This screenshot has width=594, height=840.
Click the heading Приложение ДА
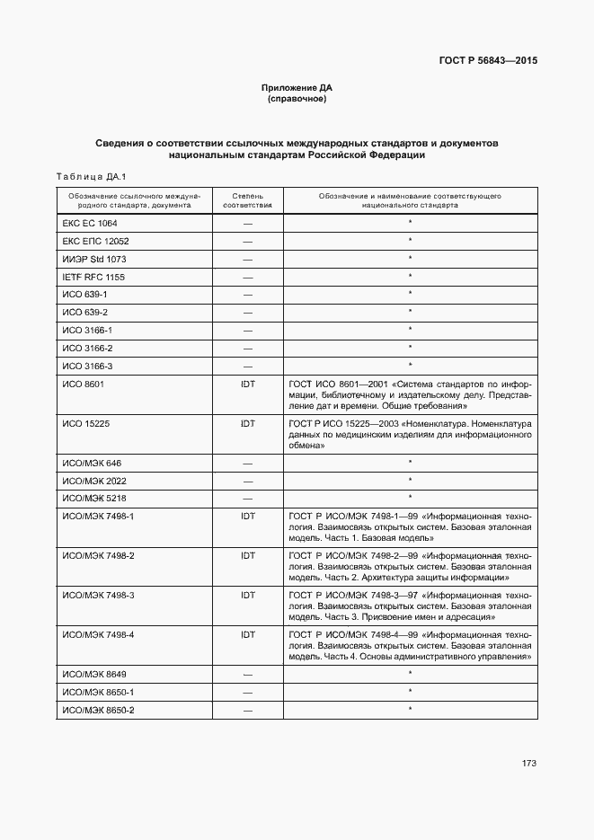[297, 87]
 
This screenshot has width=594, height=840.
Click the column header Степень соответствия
[247, 199]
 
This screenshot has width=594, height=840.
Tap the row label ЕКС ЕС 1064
[89, 223]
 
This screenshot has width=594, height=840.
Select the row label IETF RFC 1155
[93, 277]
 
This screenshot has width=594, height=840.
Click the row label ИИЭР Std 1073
[94, 259]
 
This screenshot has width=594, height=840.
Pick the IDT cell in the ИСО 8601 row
[248, 383]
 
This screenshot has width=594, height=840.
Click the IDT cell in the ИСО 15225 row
[248, 421]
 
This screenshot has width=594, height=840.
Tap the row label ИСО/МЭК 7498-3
[98, 595]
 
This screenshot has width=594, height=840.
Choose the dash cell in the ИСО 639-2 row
[248, 312]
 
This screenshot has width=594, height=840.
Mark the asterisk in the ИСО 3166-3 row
[410, 365]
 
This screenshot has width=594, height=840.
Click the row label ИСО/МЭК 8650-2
[98, 710]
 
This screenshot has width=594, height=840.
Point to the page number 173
[528, 764]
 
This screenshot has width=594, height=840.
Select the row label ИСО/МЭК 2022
[94, 480]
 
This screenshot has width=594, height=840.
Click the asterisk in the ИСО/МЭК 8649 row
[410, 674]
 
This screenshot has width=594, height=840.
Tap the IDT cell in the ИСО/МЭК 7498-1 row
[248, 516]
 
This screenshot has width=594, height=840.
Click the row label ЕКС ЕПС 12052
[95, 241]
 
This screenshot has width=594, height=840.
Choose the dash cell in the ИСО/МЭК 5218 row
[248, 498]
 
